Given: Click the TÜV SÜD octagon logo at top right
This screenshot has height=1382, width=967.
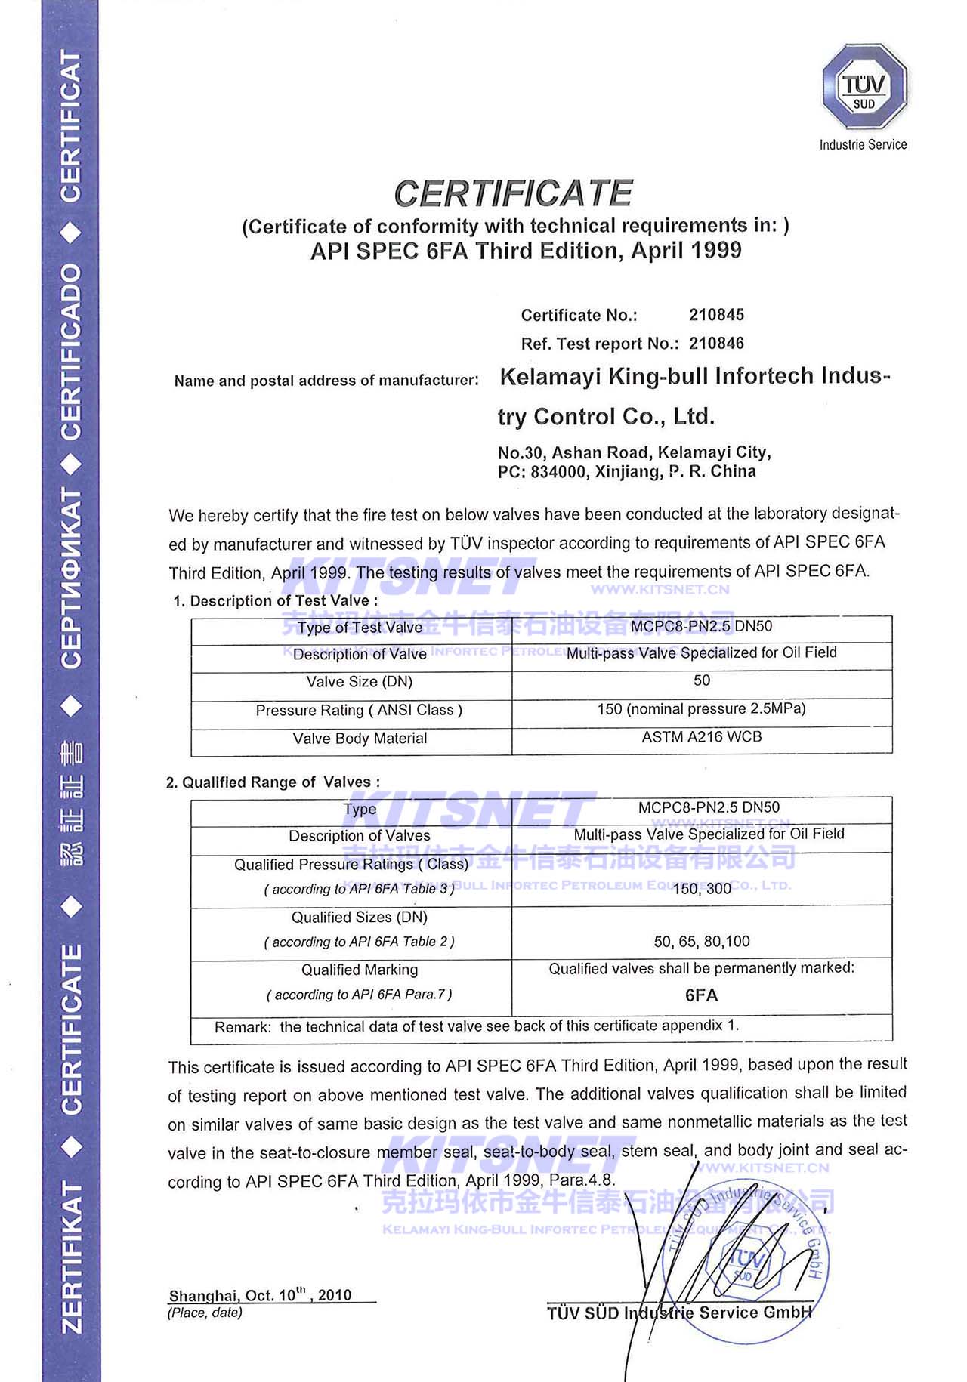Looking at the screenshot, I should pos(864,87).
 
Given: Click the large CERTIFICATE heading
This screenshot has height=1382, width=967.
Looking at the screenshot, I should pos(513,193).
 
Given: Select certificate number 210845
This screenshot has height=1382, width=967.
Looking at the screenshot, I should pos(716,314).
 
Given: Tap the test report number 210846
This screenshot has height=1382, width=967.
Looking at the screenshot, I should pos(716,343).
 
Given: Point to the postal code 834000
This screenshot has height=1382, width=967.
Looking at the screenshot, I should pos(555,472).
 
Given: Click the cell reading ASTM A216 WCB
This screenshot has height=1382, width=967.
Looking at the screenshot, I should pos(701,736).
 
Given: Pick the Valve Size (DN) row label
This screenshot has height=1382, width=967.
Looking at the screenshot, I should pos(359,682).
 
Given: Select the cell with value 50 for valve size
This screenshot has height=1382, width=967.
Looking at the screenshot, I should pos(701,680).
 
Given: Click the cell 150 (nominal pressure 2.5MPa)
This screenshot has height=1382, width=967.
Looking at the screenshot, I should pos(701,708).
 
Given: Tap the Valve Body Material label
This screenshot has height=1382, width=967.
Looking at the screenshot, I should pos(360,738).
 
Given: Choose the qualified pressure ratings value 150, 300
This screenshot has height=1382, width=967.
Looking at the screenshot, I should pos(701,888).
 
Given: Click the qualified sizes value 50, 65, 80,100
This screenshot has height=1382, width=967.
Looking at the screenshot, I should pos(701,941).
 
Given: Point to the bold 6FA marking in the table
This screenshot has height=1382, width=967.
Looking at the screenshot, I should pos(701,995).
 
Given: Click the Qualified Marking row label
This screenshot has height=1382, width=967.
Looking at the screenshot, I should pos(360,970).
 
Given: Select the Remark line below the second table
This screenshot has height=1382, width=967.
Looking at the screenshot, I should pos(476,1026).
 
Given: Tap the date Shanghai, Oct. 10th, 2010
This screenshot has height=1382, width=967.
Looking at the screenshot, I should pos(261,1295).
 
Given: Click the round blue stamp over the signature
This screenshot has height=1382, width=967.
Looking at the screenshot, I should pos(744,1257).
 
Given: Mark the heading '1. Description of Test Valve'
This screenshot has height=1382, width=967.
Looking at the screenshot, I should pos(276,601).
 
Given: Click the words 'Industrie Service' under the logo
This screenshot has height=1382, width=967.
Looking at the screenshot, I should pos(863,144).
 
